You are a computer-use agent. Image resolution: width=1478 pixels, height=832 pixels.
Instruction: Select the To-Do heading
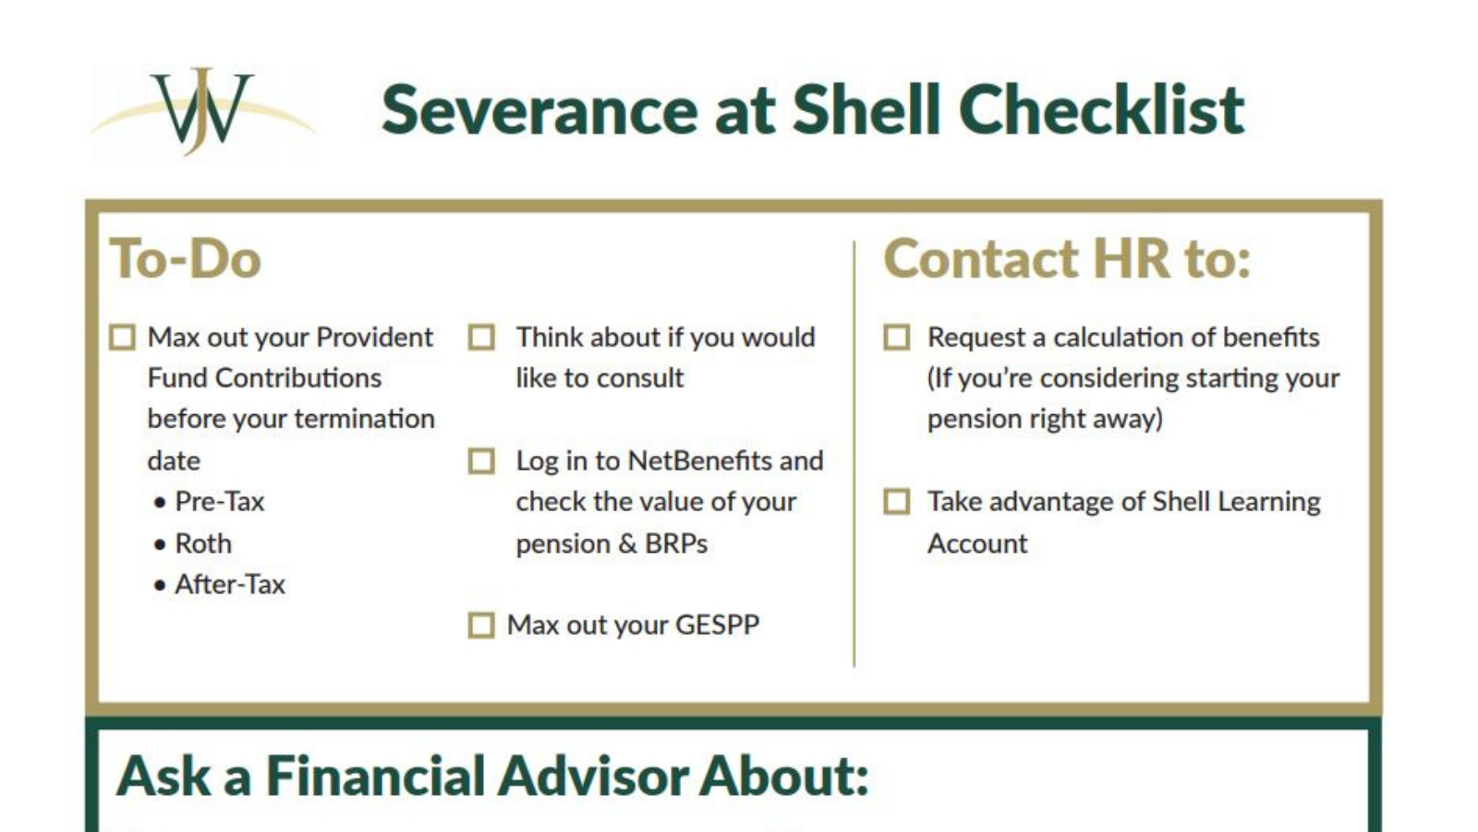coord(186,259)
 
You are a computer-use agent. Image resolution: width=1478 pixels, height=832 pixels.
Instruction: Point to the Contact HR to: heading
coord(1067,259)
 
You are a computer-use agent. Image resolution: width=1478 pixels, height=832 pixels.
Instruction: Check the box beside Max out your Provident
coord(123,337)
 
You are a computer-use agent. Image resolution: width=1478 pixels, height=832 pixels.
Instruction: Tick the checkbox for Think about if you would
coord(481,337)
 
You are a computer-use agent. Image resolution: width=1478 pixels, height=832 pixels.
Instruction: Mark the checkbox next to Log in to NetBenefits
coord(481,460)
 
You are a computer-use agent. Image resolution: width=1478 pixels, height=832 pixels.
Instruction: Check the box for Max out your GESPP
coord(481,626)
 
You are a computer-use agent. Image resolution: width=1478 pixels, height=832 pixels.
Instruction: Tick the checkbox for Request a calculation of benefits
coord(896,337)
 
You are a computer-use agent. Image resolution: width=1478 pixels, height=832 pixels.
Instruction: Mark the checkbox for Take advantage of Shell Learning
coord(896,502)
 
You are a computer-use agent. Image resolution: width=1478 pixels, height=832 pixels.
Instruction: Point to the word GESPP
coord(717,625)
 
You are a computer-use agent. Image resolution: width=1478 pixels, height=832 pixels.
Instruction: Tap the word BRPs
coord(676,544)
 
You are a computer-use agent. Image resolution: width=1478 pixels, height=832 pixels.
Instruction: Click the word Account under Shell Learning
coord(977,544)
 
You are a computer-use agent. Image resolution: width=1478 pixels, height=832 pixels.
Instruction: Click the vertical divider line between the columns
coord(854,453)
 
